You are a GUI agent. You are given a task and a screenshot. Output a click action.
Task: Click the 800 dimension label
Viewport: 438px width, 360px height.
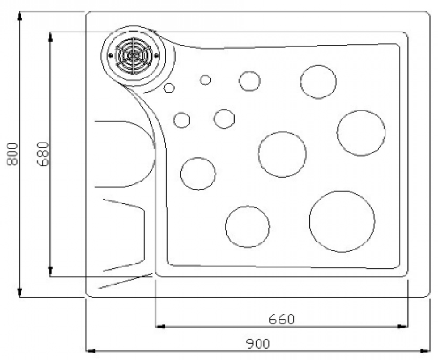12,154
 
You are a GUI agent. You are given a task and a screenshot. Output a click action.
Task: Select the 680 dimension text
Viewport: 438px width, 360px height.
43,154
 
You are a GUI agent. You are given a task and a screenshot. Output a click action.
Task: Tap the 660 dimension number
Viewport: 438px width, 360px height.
282,319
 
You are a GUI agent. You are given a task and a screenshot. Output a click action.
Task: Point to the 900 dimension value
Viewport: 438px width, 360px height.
258,344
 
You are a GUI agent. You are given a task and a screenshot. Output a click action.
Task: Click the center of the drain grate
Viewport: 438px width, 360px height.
133,55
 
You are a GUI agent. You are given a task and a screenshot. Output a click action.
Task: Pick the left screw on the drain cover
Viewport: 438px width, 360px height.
111,55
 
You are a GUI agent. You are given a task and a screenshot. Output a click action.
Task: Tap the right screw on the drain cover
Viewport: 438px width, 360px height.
156,55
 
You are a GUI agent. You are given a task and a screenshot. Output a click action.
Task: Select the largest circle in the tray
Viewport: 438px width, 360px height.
342,221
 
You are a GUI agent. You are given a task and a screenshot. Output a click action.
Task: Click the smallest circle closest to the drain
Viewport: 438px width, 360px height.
169,88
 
